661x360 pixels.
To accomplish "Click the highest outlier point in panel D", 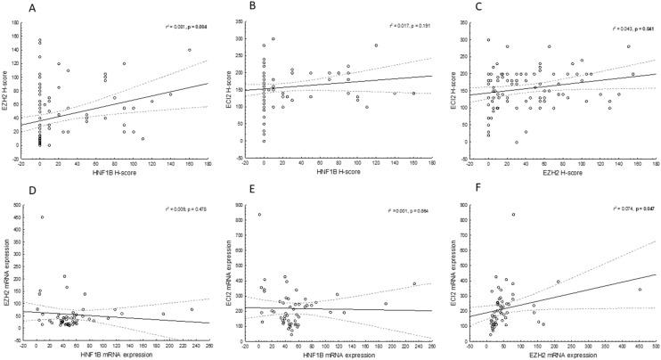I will click(42, 217).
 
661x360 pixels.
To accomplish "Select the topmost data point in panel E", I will click(259, 214).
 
